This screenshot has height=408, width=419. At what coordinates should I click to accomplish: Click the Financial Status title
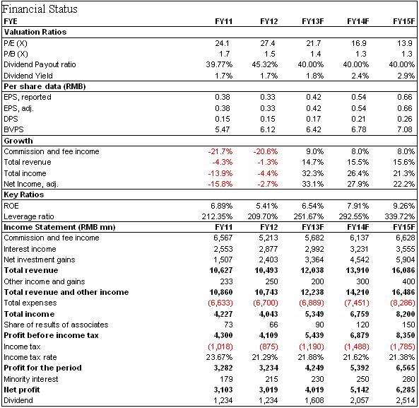point(40,9)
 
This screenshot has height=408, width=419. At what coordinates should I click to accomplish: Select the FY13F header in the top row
point(312,21)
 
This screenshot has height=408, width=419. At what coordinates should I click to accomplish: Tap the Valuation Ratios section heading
point(35,32)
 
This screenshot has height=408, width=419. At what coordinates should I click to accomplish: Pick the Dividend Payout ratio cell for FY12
point(265,64)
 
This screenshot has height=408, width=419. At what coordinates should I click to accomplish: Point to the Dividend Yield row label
point(28,76)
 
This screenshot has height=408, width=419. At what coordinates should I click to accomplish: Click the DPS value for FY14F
point(359,119)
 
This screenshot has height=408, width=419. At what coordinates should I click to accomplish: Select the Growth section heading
point(18,141)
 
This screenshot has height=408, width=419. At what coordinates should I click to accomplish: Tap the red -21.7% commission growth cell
point(220,151)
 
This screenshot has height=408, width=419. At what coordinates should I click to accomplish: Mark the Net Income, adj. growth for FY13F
point(313,184)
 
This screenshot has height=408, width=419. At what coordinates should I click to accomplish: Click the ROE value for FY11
point(222,206)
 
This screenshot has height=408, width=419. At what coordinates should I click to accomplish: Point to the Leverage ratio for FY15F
point(400,216)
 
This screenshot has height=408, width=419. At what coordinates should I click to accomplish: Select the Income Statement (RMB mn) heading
point(59,227)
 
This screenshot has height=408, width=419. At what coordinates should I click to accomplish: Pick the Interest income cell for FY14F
point(359,249)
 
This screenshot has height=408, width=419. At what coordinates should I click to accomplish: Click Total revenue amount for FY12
point(266,270)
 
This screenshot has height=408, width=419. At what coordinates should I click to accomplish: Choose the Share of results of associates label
point(56,325)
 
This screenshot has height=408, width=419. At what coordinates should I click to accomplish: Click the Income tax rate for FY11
point(219,357)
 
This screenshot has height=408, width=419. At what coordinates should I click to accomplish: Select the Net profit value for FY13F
point(314,390)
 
